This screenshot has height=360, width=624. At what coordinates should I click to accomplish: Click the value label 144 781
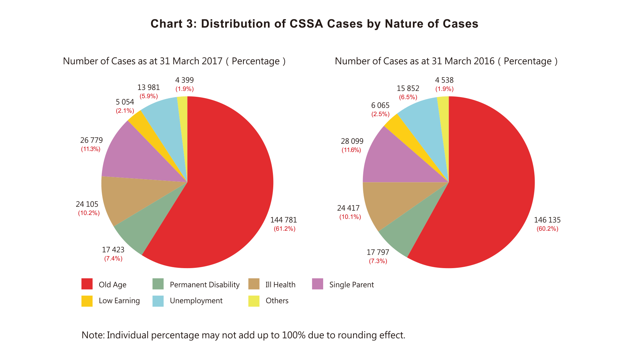point(283,220)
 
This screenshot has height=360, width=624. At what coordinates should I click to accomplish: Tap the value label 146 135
point(547,220)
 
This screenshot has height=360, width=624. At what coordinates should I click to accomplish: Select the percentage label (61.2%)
point(284,229)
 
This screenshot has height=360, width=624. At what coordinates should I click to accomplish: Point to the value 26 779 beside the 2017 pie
point(91,140)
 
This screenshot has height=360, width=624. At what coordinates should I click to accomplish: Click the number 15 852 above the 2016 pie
point(408,89)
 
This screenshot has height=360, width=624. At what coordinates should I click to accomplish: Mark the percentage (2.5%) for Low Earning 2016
point(380,114)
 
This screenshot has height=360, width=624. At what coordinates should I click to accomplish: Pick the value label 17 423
point(113,250)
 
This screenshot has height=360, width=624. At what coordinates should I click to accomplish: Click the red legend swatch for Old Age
point(87,284)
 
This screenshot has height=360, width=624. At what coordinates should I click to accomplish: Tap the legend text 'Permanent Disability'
point(204,285)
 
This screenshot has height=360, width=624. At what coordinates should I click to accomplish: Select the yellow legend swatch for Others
point(254,301)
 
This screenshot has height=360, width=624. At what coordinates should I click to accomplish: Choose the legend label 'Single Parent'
point(351,285)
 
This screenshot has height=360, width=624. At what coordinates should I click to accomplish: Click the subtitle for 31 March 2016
point(446,61)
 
